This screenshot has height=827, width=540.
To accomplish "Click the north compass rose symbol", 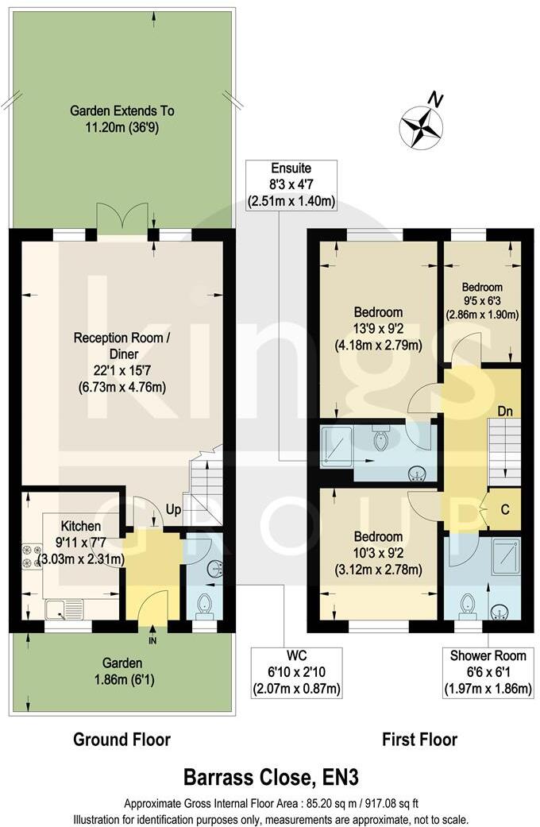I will [422, 126].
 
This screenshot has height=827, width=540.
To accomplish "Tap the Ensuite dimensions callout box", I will [291, 185].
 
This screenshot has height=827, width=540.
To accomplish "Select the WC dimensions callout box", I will [297, 673].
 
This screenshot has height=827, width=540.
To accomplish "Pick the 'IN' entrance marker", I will [152, 636].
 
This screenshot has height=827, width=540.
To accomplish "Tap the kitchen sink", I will [64, 609].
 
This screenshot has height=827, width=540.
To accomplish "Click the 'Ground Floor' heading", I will [121, 740].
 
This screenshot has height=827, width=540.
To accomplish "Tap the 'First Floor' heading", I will [419, 740].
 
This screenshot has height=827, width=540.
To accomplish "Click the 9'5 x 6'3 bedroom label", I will [482, 300].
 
